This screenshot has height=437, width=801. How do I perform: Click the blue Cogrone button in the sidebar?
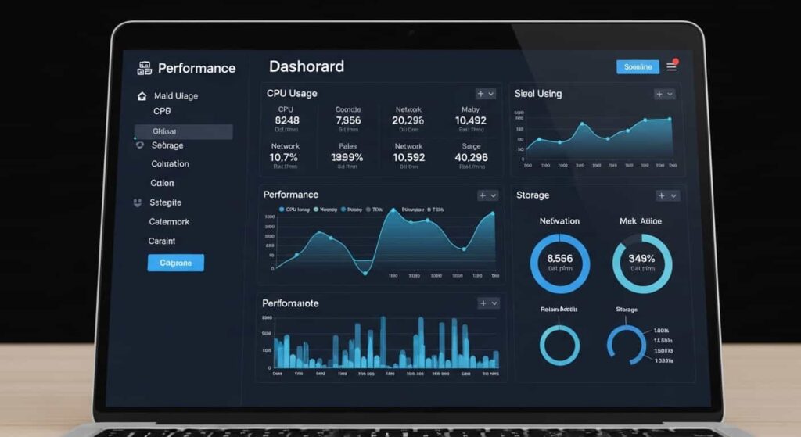tap(175, 263)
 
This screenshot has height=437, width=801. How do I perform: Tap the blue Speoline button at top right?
tap(638, 67)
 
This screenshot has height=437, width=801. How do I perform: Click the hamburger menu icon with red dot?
tap(671, 67)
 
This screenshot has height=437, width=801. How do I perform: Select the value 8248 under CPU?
tap(287, 120)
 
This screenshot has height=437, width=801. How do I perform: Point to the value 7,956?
tap(348, 120)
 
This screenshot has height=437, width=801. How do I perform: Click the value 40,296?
tap(471, 157)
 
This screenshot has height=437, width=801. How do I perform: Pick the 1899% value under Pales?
tap(347, 157)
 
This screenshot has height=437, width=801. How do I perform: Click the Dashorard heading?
tap(306, 66)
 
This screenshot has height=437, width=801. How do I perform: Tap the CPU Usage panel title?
tap(292, 93)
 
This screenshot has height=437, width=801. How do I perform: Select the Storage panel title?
tap(533, 195)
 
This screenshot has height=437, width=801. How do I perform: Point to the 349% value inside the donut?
tap(641, 259)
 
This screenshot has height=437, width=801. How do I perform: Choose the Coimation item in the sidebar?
tap(170, 164)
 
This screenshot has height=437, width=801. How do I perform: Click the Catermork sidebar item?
tap(169, 222)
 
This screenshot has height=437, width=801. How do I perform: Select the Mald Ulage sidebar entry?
tap(176, 96)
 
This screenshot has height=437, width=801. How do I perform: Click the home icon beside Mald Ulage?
tap(142, 96)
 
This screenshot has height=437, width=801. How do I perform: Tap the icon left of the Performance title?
tap(144, 68)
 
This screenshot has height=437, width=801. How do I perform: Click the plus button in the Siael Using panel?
tap(659, 94)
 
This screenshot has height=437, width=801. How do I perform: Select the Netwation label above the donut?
tap(559, 221)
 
